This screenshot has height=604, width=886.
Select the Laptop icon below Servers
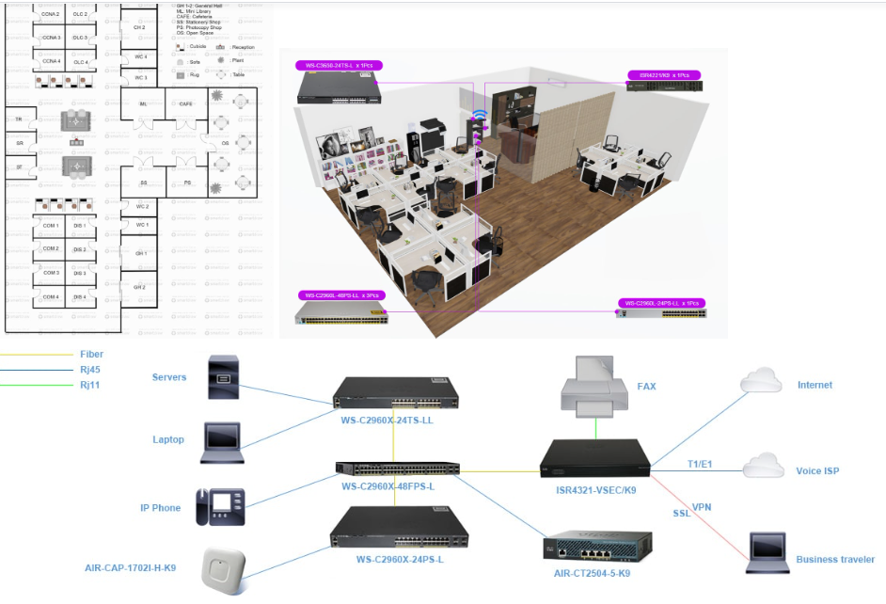(223, 441)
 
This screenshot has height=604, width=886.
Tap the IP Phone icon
(219, 506)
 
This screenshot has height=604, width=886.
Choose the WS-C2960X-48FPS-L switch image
(398, 469)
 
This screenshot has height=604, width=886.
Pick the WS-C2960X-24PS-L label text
(400, 559)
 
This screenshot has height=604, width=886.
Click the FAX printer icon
(594, 389)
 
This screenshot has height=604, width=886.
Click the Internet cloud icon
(761, 381)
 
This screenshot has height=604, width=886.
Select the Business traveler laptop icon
(767, 552)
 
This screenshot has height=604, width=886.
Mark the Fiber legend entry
(91, 355)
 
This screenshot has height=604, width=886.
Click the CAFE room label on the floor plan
(185, 103)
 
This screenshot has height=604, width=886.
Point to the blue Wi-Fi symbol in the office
(480, 116)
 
